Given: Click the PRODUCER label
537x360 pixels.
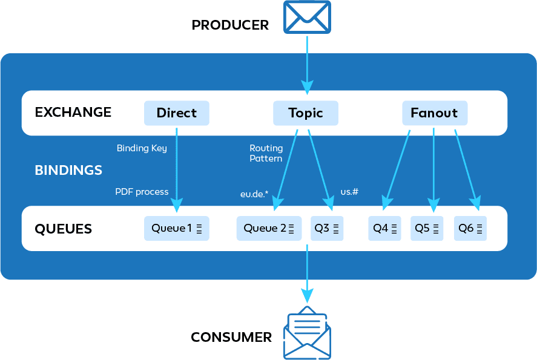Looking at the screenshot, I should tap(230, 25).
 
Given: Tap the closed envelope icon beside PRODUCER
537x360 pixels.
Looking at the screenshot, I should tap(307, 17).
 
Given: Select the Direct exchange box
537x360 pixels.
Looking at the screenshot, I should tap(176, 113).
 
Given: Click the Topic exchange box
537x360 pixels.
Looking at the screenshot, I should tap(306, 113).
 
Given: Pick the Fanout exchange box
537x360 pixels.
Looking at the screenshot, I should tap(434, 113).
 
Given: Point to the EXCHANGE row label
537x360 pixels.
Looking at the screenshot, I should tap(73, 112).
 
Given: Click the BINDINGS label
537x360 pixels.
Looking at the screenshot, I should tap(68, 170).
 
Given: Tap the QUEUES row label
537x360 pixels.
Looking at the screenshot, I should tap(64, 229).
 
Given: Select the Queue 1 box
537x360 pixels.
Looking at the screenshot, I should tap(176, 228).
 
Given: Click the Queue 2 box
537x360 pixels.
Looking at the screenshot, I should tap(269, 228).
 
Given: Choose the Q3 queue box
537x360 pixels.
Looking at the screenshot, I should tap(327, 228).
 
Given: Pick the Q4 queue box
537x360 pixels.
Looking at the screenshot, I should tap(384, 228).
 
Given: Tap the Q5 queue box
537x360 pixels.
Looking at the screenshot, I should tap(427, 228).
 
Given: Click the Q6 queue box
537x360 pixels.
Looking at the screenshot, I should tap(470, 228).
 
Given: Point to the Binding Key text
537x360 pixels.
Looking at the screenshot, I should tap(142, 148).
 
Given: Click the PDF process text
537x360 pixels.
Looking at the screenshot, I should tap(142, 192).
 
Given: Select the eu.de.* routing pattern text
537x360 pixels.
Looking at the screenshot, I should tap(254, 194).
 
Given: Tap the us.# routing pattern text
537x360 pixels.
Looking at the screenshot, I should tap(349, 192).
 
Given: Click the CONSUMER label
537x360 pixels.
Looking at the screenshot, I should tap(231, 337).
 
